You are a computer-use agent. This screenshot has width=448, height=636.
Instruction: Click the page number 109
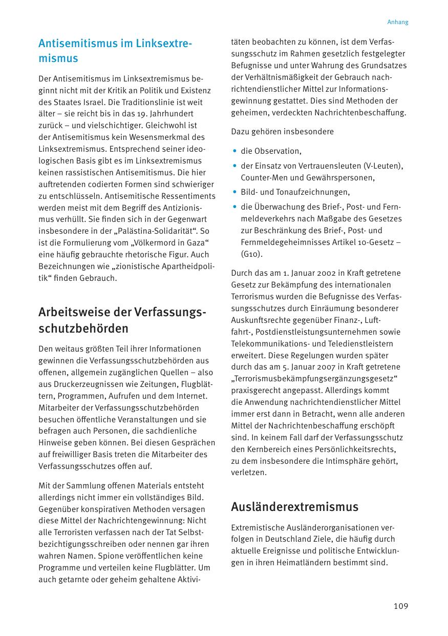click(401, 606)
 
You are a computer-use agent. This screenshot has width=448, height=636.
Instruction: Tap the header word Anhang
click(397, 22)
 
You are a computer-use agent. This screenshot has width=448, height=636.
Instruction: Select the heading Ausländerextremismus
click(294, 507)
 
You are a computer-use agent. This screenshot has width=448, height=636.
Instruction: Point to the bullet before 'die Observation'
click(234, 151)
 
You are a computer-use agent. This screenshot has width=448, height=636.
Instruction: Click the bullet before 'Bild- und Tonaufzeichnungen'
click(234, 192)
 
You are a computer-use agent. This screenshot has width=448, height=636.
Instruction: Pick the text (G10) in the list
click(251, 254)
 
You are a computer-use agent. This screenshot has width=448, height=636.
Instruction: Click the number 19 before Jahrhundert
click(141, 114)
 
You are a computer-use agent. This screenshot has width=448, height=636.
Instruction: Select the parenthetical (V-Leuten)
click(382, 166)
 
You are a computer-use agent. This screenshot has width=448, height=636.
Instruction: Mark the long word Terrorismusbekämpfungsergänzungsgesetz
click(315, 379)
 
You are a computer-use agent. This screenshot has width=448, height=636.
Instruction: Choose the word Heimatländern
click(298, 563)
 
